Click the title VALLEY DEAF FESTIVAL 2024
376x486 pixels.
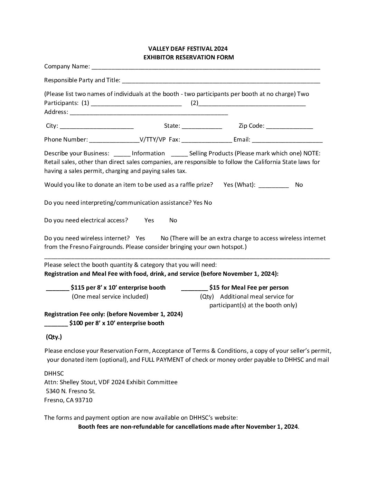click(x=188, y=49)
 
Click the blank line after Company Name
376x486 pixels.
click(x=206, y=67)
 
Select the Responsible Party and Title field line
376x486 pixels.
click(x=221, y=81)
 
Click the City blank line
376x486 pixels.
click(x=97, y=126)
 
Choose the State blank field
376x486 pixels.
click(x=202, y=126)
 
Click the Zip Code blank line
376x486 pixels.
click(x=290, y=126)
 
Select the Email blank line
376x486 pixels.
click(x=287, y=140)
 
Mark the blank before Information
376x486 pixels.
click(x=122, y=154)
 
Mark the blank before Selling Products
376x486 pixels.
click(x=179, y=154)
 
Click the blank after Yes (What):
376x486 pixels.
click(x=274, y=185)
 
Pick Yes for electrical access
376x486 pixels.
click(x=149, y=220)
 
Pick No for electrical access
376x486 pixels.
click(x=173, y=220)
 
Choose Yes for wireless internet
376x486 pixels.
click(x=140, y=238)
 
